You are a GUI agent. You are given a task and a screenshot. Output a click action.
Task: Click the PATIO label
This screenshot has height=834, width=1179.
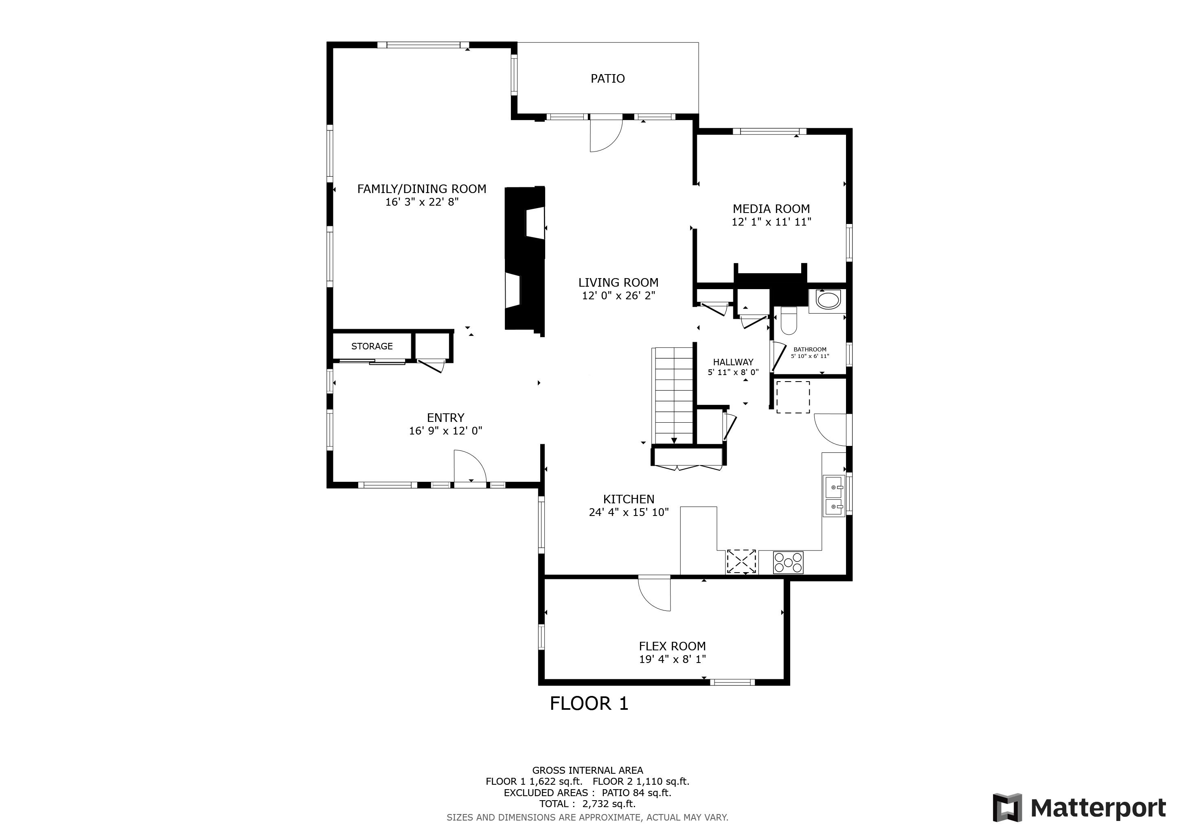[x=607, y=79]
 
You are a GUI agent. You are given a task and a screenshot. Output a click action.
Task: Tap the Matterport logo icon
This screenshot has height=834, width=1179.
[x=1007, y=807]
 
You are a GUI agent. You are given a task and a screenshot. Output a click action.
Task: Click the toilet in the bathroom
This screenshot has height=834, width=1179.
[x=788, y=321]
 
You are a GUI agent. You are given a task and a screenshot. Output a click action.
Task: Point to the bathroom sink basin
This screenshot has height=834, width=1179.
[x=827, y=301]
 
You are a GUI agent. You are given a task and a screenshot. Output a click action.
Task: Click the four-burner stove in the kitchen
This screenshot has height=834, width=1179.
[x=788, y=562]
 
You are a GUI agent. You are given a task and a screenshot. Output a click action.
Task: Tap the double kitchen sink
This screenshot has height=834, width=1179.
[x=833, y=496]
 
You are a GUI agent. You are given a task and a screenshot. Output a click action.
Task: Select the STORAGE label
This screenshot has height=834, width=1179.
[x=372, y=346]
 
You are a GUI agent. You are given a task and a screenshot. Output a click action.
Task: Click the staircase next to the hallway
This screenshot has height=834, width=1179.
[x=673, y=395]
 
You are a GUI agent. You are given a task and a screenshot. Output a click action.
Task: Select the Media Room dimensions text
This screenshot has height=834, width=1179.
[x=771, y=222]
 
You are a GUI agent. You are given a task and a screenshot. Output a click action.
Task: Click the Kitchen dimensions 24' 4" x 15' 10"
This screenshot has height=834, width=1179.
[x=629, y=512]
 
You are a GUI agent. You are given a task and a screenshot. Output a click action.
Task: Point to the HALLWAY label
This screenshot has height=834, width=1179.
[x=733, y=362]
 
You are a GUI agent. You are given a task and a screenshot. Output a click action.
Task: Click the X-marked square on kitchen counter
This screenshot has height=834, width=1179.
[x=741, y=561]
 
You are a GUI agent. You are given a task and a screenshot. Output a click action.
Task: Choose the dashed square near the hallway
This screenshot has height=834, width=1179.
[x=793, y=397]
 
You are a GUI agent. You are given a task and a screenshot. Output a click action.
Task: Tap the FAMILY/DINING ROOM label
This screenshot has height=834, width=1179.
[x=422, y=189]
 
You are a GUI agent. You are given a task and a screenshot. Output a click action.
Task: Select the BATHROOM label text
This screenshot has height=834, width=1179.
[x=810, y=349]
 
